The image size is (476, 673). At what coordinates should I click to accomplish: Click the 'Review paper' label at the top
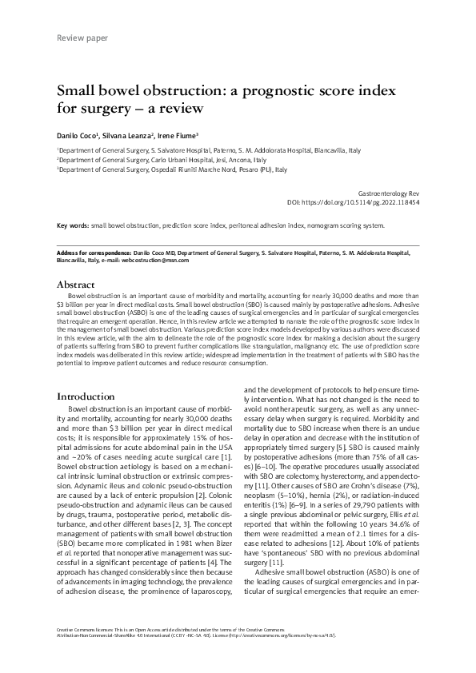(84, 38)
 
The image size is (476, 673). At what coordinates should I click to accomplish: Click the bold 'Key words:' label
(73, 225)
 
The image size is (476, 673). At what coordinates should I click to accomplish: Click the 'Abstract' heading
(76, 284)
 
